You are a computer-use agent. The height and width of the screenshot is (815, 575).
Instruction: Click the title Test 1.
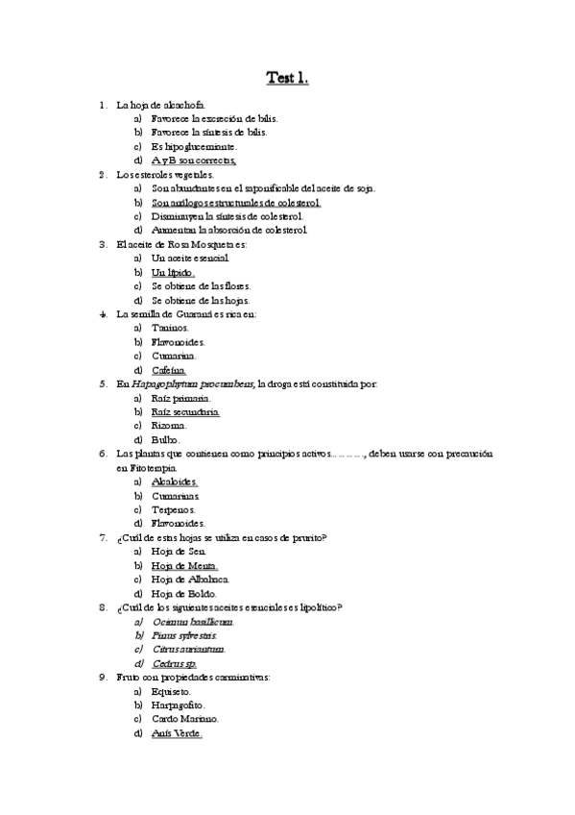[x=287, y=79]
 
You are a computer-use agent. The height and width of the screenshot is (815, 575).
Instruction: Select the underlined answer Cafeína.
[x=169, y=370]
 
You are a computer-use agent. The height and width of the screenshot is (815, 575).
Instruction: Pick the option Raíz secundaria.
[x=185, y=411]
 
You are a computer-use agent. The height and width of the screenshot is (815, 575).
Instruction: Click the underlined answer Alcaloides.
[x=175, y=482]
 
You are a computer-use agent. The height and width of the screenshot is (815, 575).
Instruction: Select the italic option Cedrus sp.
[x=175, y=663]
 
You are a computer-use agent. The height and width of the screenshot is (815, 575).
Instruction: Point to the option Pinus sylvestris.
[x=184, y=635]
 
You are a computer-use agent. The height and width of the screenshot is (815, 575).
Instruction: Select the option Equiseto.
[x=171, y=691]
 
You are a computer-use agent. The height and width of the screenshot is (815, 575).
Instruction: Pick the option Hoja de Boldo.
[x=182, y=593]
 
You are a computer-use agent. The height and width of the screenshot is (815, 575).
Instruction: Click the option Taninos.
[x=169, y=328]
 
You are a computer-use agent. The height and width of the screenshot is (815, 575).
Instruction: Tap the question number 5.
[x=103, y=383]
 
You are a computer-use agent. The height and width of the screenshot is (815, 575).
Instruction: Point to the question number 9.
[x=103, y=677]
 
